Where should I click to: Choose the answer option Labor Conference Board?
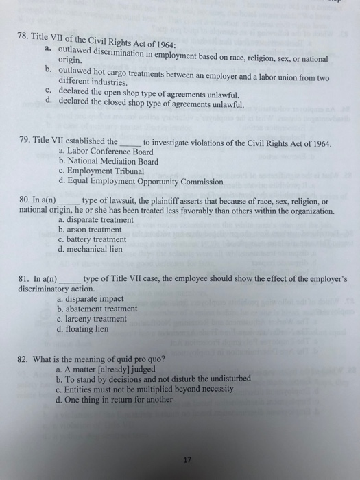tap(106, 152)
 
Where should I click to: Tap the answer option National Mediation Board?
tap(112, 162)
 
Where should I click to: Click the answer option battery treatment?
tap(96, 240)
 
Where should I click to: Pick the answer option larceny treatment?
tap(97, 318)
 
